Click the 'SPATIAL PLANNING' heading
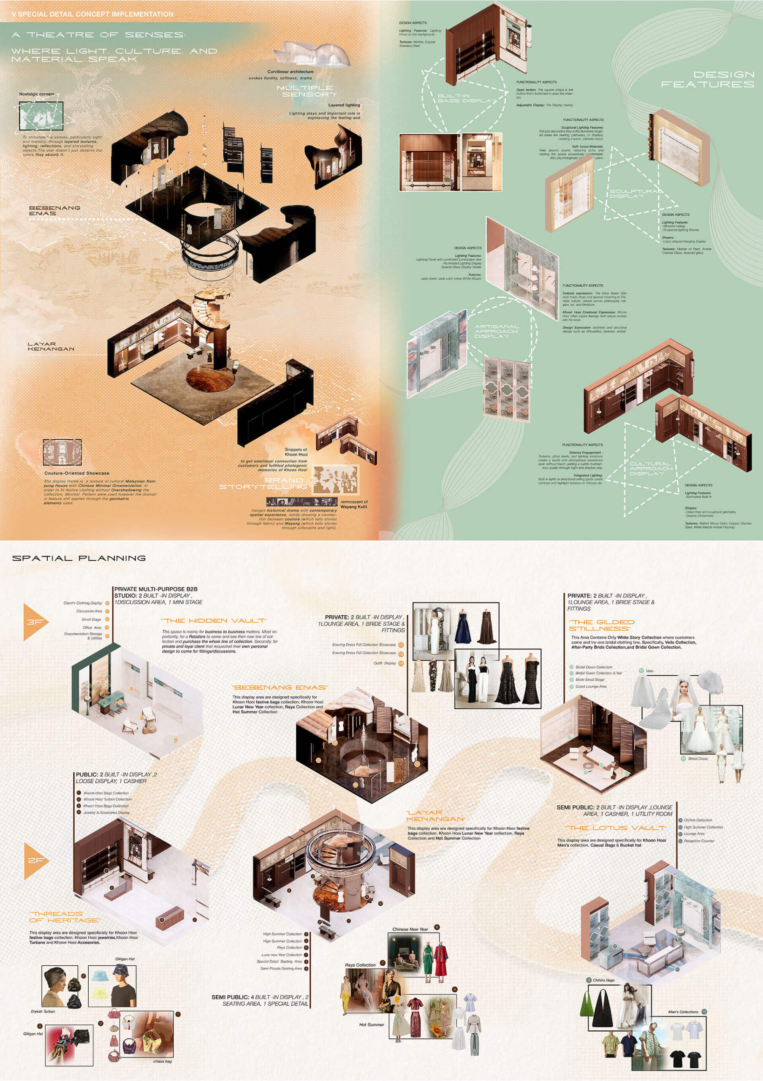[x=79, y=558]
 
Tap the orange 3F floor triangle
[x=33, y=622]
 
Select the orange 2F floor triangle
[x=34, y=860]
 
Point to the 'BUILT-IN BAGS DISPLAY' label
[x=467, y=98]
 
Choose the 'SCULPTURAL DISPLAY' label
[x=635, y=193]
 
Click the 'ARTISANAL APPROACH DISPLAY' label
[x=497, y=331]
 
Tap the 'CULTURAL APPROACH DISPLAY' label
[x=651, y=468]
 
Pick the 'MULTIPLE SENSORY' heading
[x=307, y=91]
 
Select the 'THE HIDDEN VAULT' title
[x=214, y=621]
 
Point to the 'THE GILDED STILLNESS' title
[x=602, y=625]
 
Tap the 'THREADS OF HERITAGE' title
[x=64, y=917]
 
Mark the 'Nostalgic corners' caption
[x=37, y=94]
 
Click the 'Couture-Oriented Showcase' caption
[x=77, y=473]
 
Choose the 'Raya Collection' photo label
[x=360, y=965]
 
